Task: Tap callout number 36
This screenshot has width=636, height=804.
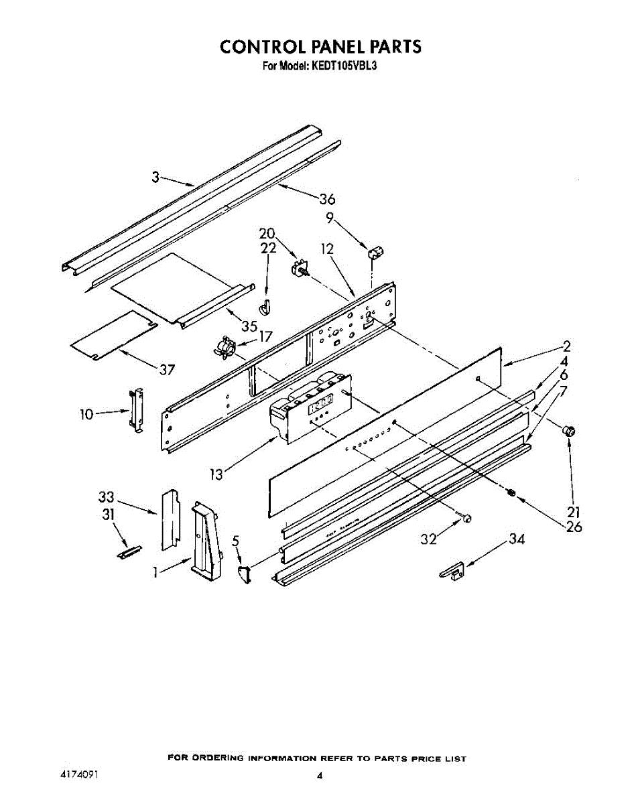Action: pyautogui.click(x=327, y=199)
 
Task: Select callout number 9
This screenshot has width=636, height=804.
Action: pyautogui.click(x=330, y=217)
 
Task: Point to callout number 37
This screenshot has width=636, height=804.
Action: pyautogui.click(x=167, y=369)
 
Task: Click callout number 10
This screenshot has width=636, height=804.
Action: pyautogui.click(x=86, y=415)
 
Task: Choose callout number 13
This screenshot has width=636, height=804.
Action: pyautogui.click(x=215, y=474)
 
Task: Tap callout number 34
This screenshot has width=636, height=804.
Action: pyautogui.click(x=516, y=538)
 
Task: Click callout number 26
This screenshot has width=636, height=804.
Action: pyautogui.click(x=573, y=527)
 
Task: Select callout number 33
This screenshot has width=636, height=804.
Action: pyautogui.click(x=105, y=498)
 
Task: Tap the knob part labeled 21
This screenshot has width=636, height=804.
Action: pyautogui.click(x=570, y=432)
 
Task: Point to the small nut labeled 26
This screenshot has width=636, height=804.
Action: pyautogui.click(x=512, y=494)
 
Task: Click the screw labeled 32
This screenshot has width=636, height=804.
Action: pyautogui.click(x=467, y=517)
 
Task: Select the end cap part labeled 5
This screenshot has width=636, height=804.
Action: pyautogui.click(x=244, y=572)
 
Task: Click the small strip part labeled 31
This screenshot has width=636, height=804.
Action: pyautogui.click(x=127, y=551)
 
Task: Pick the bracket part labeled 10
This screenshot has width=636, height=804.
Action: pyautogui.click(x=137, y=409)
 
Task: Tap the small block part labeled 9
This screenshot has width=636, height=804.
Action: pyautogui.click(x=375, y=253)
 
